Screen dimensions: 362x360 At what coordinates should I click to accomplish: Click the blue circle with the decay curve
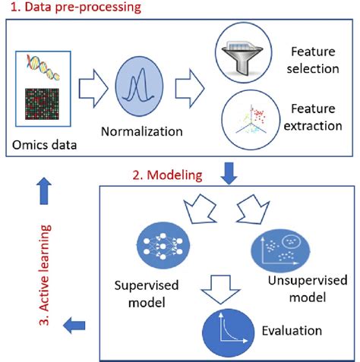pos(226,329)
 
